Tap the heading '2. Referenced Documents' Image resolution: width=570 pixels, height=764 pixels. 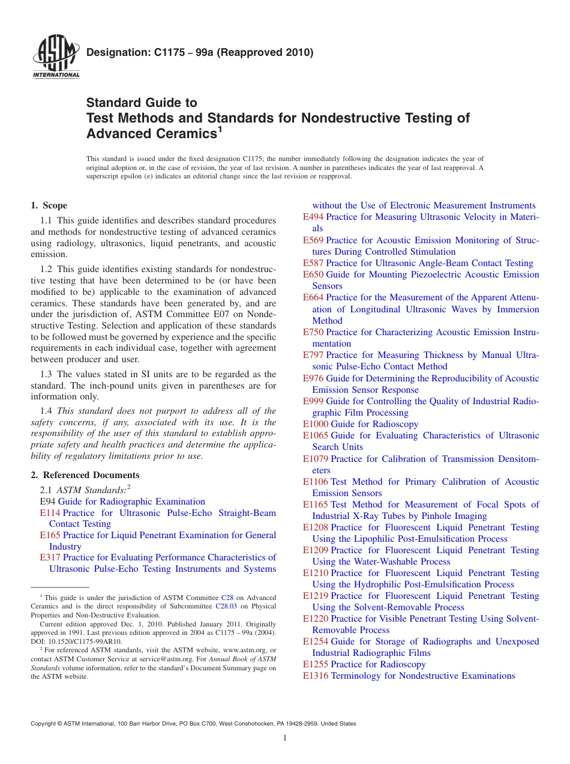point(85,475)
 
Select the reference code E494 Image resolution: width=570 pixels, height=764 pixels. point(313,217)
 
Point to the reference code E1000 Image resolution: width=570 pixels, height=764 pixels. point(316,424)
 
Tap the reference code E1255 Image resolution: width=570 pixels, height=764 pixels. point(316,664)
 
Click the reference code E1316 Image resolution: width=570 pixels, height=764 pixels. point(316,676)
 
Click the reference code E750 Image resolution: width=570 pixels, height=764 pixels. point(313,332)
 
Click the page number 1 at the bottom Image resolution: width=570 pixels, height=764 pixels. point(285,738)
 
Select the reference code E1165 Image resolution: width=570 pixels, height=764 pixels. point(316,505)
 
